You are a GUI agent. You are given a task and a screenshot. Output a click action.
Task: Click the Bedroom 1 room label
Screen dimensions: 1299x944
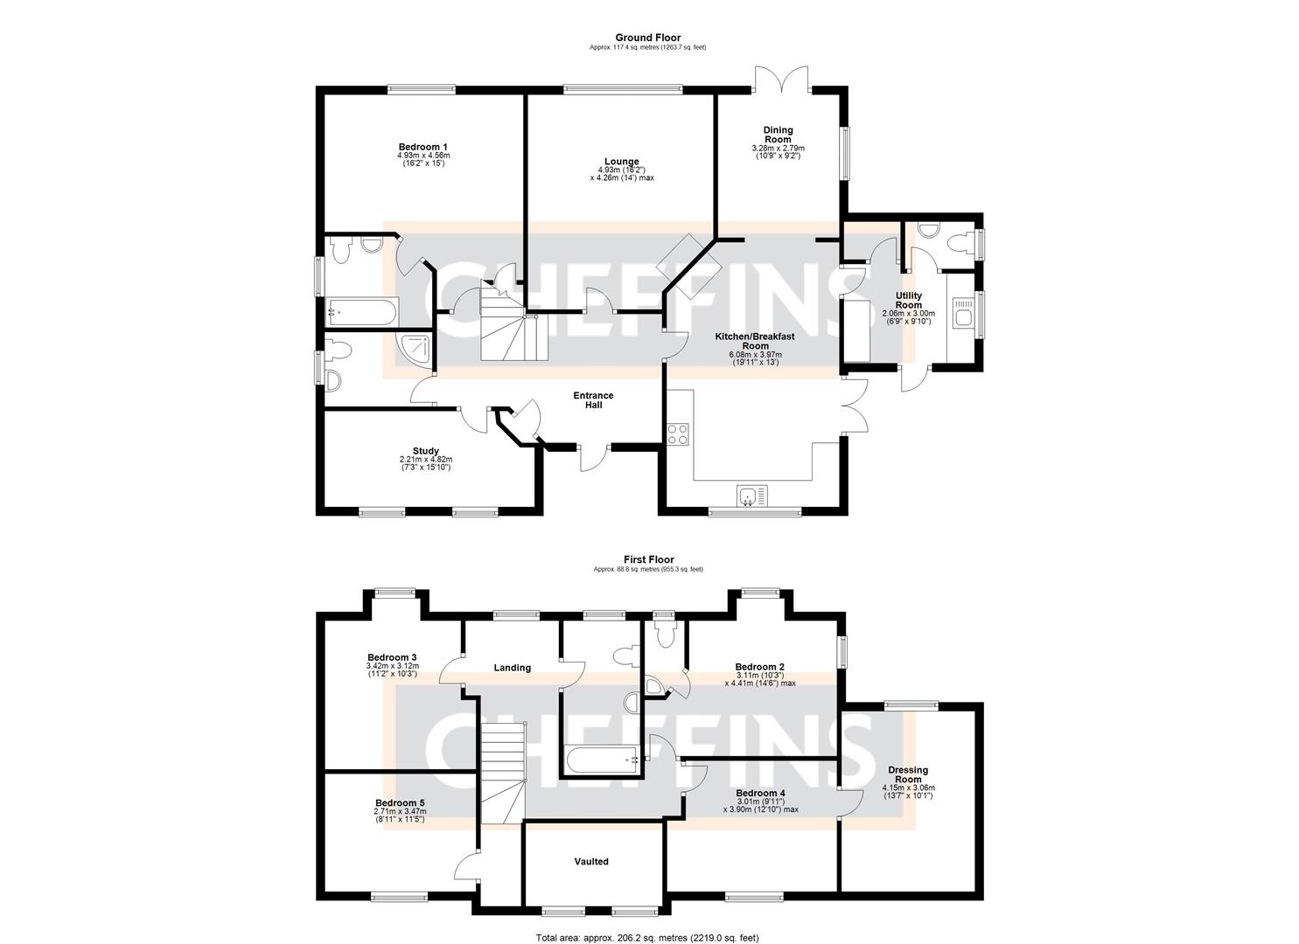pyautogui.click(x=423, y=147)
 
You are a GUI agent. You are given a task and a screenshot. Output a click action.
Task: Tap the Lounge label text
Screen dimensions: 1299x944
pyautogui.click(x=621, y=162)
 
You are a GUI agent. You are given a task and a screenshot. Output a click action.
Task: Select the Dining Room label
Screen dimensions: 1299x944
pyautogui.click(x=778, y=135)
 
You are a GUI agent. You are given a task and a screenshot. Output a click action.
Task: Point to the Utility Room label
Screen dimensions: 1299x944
pyautogui.click(x=908, y=300)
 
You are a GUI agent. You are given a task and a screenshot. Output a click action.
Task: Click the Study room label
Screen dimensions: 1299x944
pyautogui.click(x=426, y=451)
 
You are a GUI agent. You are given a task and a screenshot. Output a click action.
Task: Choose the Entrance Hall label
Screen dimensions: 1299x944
pyautogui.click(x=593, y=400)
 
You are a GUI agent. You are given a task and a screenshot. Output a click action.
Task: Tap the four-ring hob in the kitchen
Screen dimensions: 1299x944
pyautogui.click(x=678, y=434)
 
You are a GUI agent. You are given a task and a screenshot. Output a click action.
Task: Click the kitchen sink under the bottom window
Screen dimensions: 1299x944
pyautogui.click(x=752, y=496)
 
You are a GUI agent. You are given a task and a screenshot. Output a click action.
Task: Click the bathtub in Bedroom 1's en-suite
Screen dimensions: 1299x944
pyautogui.click(x=360, y=312)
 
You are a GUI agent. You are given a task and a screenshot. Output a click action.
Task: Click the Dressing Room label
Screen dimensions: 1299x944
pyautogui.click(x=908, y=774)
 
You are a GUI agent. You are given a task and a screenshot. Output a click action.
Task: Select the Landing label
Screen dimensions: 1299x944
pyautogui.click(x=512, y=668)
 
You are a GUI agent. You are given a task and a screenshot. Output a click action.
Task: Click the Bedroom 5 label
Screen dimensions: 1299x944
pyautogui.click(x=400, y=802)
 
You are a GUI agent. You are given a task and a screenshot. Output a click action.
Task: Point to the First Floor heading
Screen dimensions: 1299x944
pyautogui.click(x=649, y=559)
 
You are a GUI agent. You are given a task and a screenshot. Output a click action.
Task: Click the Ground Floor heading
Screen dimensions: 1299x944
pyautogui.click(x=648, y=38)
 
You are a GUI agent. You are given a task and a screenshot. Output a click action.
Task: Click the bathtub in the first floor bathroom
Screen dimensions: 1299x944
pyautogui.click(x=603, y=760)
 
